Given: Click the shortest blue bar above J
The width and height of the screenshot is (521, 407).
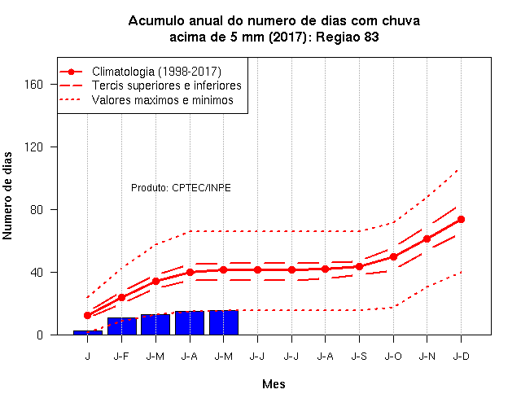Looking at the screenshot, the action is (88, 333).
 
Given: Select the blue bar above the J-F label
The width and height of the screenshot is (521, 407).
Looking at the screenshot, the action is (122, 326).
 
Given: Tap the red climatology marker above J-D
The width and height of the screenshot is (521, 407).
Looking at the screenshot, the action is (461, 219).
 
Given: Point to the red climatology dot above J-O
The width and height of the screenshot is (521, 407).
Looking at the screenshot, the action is (393, 257).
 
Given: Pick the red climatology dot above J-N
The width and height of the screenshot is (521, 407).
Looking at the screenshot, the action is (427, 239).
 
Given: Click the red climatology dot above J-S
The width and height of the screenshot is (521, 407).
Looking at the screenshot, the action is (359, 266).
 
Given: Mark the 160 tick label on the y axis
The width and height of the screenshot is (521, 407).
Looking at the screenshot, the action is (33, 85).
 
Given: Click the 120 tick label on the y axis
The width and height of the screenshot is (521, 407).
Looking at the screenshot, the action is (33, 147).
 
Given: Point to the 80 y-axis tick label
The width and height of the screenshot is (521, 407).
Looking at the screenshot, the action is (37, 210).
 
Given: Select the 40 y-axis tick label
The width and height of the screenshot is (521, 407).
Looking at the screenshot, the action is (37, 273).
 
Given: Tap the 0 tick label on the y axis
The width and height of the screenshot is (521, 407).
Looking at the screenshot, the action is (40, 335).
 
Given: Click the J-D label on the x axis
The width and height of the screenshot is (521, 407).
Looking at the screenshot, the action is (462, 357).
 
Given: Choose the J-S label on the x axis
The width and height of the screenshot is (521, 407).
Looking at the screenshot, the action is (359, 357).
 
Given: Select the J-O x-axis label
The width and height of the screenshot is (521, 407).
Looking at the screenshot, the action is (393, 357).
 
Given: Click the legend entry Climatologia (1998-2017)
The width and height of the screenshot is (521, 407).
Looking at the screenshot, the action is (156, 72).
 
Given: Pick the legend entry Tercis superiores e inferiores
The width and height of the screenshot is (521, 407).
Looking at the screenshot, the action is (167, 85).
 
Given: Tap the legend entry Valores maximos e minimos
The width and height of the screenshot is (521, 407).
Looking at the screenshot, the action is (163, 99).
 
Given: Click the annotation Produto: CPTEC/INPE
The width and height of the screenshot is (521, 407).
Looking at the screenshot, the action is (181, 188).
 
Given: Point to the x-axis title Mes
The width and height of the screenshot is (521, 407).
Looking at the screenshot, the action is (274, 384).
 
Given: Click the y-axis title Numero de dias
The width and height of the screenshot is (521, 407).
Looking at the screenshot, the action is (7, 196).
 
